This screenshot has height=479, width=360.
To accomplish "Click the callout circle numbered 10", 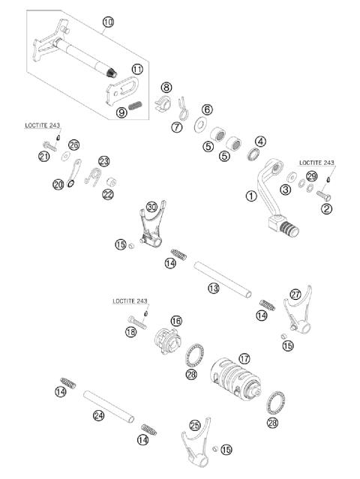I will [108, 22].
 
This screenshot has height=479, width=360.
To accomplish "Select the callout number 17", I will [244, 358].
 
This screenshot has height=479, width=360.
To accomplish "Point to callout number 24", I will [98, 415].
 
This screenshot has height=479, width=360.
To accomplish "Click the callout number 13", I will [214, 287].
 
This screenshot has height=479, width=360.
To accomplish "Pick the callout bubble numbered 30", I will [152, 206].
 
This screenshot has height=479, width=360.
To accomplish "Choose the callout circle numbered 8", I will [166, 88].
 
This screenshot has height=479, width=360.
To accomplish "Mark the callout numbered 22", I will [108, 194].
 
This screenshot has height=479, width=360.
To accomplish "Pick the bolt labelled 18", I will [132, 321].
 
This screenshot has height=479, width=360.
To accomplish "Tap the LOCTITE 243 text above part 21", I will [42, 126].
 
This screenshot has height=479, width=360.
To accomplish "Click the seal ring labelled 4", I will [256, 155].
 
